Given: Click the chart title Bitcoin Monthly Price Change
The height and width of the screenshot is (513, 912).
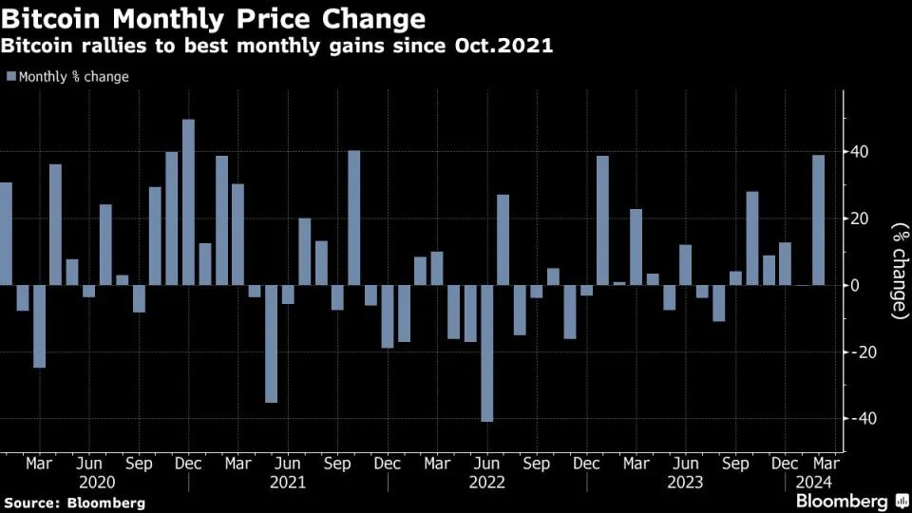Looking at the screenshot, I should (x=214, y=18).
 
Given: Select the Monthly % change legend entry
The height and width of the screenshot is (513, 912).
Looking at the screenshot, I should (x=67, y=77).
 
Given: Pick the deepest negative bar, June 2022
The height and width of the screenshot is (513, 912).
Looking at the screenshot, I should (x=486, y=352).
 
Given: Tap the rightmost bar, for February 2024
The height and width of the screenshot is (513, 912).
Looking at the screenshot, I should (x=818, y=219).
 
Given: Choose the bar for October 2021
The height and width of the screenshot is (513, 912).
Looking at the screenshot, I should (x=353, y=218).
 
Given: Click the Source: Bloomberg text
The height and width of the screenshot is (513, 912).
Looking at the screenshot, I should (x=74, y=502).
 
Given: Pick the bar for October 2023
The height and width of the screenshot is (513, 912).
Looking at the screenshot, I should (x=751, y=238).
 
